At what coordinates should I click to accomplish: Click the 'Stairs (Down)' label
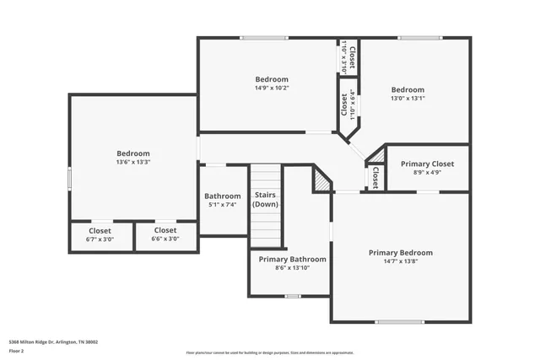click(x=266, y=200)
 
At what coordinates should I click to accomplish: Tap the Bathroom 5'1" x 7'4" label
click(x=223, y=196)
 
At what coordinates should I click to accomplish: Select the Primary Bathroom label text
click(x=292, y=259)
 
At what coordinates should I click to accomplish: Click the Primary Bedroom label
click(x=401, y=253)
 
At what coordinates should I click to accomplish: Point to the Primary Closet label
click(x=427, y=164)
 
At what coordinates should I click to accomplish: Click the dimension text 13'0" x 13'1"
click(x=407, y=98)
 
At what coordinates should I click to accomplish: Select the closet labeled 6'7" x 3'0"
click(x=100, y=234)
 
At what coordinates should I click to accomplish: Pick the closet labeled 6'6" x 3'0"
click(x=165, y=234)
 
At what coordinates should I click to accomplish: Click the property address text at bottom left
click(x=53, y=341)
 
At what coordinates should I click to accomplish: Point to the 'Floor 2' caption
click(x=16, y=350)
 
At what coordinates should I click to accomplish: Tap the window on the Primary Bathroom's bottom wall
click(x=292, y=296)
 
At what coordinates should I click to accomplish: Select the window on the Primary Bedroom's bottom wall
click(x=399, y=321)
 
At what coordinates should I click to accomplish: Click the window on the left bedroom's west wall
click(x=69, y=179)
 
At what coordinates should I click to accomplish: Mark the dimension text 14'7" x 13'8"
click(x=401, y=261)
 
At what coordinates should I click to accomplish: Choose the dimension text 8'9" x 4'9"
click(x=427, y=172)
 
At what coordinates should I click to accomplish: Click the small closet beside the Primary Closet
click(x=375, y=177)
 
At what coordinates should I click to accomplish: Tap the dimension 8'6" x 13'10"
click(x=292, y=267)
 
